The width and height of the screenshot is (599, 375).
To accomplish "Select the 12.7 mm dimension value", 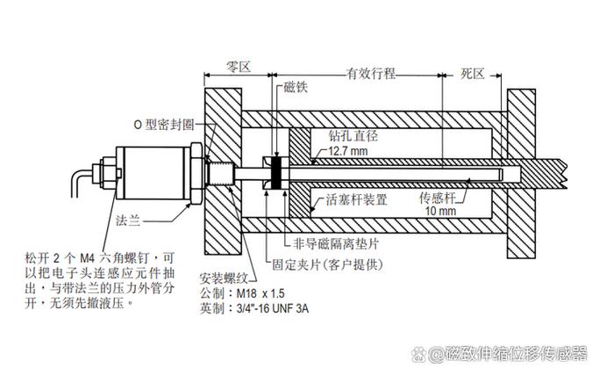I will pyautogui.click(x=348, y=151).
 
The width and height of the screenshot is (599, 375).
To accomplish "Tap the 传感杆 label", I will pyautogui.click(x=437, y=198).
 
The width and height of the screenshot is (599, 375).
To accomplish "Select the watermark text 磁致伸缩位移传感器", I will pyautogui.click(x=510, y=354).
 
